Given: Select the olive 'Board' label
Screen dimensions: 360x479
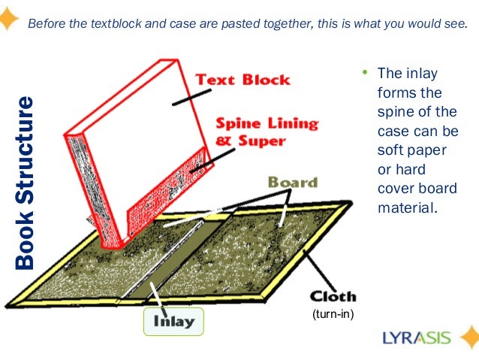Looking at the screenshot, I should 292,183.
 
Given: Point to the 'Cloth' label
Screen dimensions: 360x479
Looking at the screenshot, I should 330,296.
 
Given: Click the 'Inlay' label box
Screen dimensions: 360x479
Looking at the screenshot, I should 174,322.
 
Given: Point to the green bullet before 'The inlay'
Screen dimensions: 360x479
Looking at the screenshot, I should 363,74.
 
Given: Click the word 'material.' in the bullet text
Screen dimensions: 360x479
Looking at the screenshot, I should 406,207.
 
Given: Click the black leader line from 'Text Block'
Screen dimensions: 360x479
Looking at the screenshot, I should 191,95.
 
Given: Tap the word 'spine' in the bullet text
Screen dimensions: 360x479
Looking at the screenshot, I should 395,112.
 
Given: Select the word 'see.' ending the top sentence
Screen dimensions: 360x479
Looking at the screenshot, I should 453,23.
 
